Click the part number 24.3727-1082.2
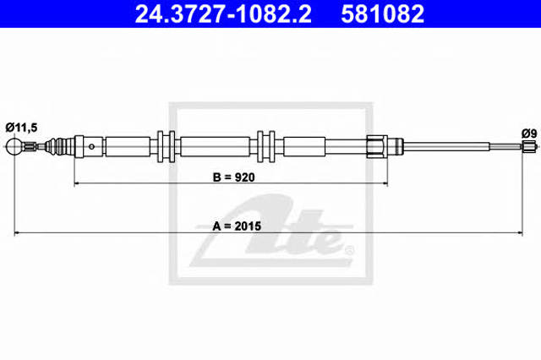[x=223, y=14]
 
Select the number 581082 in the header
[x=383, y=14]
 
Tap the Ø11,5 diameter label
[x=21, y=128]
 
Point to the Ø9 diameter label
[x=529, y=134]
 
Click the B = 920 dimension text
[x=234, y=177]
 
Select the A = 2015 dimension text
[x=237, y=226]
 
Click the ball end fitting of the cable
[x=14, y=147]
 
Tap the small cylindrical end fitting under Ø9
[x=527, y=146]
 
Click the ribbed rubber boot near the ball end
[x=59, y=146]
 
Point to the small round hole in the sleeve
[x=91, y=146]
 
